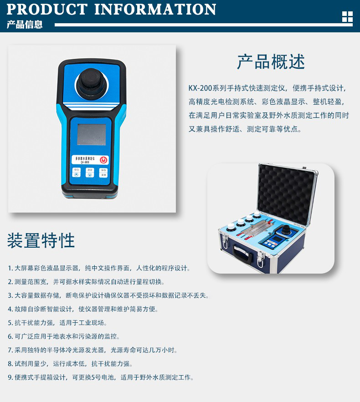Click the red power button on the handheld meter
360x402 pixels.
click(103, 160)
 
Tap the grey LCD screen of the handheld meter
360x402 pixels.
click(92, 135)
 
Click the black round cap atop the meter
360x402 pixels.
click(91, 81)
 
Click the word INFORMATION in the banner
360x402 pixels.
click(155, 9)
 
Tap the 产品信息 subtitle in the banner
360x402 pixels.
click(25, 25)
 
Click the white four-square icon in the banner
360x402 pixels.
click(347, 17)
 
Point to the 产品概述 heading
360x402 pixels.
click(271, 62)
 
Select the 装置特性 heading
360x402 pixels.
click(41, 240)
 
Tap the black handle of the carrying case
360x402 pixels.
click(243, 253)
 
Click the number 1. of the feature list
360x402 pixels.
click(10, 269)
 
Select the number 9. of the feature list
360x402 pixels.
click(10, 378)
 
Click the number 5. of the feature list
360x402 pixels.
click(10, 323)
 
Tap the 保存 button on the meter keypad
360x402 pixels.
click(103, 170)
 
